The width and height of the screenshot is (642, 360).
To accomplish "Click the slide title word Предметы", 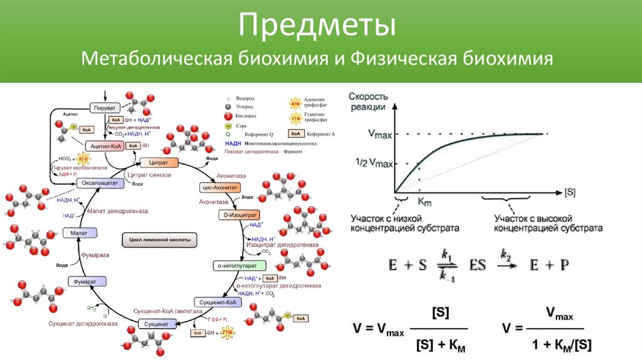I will click(320, 26).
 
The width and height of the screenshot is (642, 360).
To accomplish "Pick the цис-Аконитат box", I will click(216, 187).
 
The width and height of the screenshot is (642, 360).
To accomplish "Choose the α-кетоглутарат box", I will click(233, 265).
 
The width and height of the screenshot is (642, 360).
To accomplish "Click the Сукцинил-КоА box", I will click(217, 302).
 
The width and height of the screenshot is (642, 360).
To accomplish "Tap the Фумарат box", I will click(85, 282).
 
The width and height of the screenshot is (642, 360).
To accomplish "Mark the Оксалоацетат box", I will click(97, 183).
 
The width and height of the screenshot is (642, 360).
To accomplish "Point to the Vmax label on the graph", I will click(380, 134).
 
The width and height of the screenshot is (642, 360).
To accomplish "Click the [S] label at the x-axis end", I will click(570, 190).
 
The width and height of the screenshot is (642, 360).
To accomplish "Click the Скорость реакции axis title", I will click(367, 101).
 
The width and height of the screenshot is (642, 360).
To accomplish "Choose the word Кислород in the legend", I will click(247, 116).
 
